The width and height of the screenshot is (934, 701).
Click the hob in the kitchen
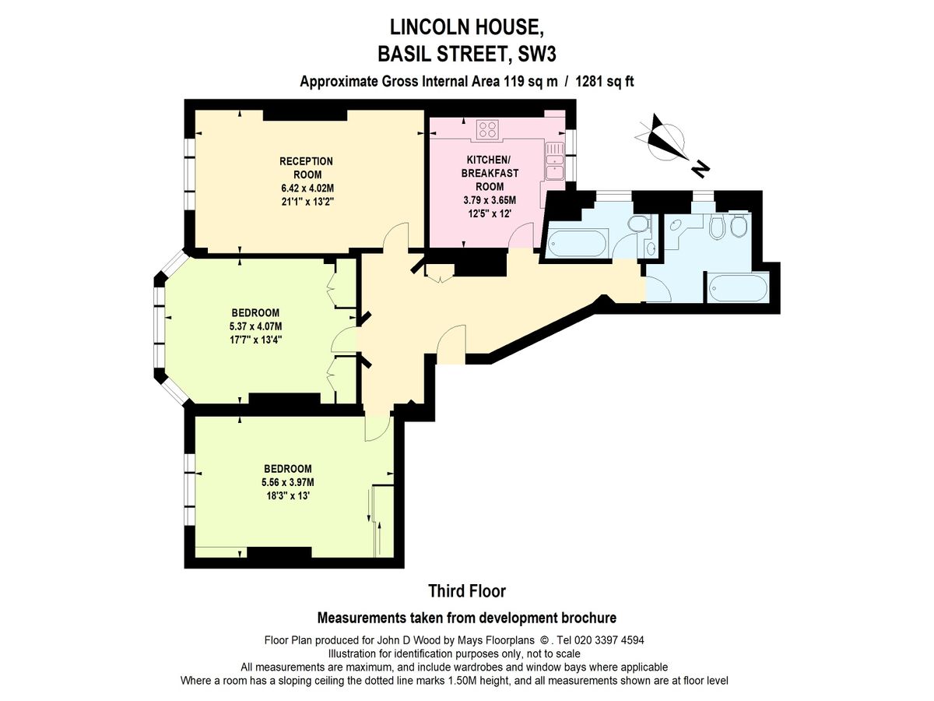tap(488, 129)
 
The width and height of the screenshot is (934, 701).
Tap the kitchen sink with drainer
tap(556, 160)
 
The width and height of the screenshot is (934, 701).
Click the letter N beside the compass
tap(700, 167)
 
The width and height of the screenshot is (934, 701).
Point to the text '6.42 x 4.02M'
tap(307, 188)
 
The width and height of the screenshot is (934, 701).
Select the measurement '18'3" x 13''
tap(287, 495)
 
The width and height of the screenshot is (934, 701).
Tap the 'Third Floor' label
tap(467, 591)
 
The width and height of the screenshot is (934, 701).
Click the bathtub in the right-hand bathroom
tap(736, 288)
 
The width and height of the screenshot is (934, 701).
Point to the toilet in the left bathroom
tap(637, 224)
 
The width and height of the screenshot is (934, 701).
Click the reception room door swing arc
tap(396, 237)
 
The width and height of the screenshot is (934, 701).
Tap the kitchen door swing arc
tap(520, 236)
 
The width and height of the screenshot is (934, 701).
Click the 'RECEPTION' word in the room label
tap(307, 161)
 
